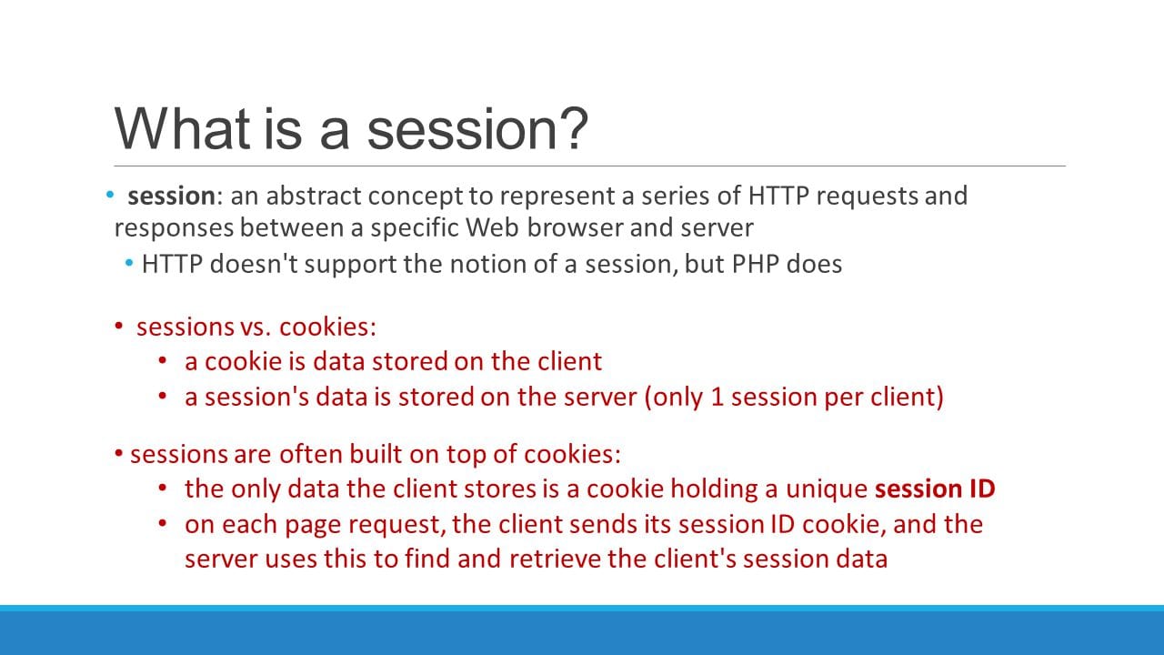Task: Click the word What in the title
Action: tap(181, 128)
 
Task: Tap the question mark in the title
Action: tap(572, 128)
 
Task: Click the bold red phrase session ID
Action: tap(935, 489)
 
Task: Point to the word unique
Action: tap(825, 489)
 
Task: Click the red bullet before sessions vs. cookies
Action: tap(119, 327)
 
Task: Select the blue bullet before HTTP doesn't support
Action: tap(130, 264)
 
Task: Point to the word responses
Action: tap(174, 227)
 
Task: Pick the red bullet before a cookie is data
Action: tap(163, 361)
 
